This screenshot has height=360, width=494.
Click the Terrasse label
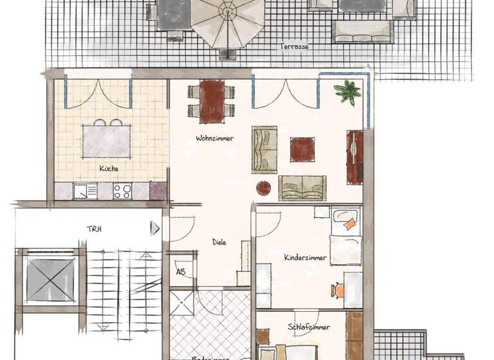point(293,47)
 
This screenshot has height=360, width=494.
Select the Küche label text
point(109,168)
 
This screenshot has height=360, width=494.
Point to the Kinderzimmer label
point(305,258)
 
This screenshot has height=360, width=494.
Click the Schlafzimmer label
point(309,328)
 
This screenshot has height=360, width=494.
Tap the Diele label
point(220,242)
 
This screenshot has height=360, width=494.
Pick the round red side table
point(264,188)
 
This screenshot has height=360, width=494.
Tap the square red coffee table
point(302,149)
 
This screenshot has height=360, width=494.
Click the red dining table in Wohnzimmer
point(212,101)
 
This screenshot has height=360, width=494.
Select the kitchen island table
point(107,141)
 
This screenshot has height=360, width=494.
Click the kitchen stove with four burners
point(122,191)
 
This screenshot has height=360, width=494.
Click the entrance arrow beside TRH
point(154,228)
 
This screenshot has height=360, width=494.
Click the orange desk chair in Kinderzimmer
point(338,291)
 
